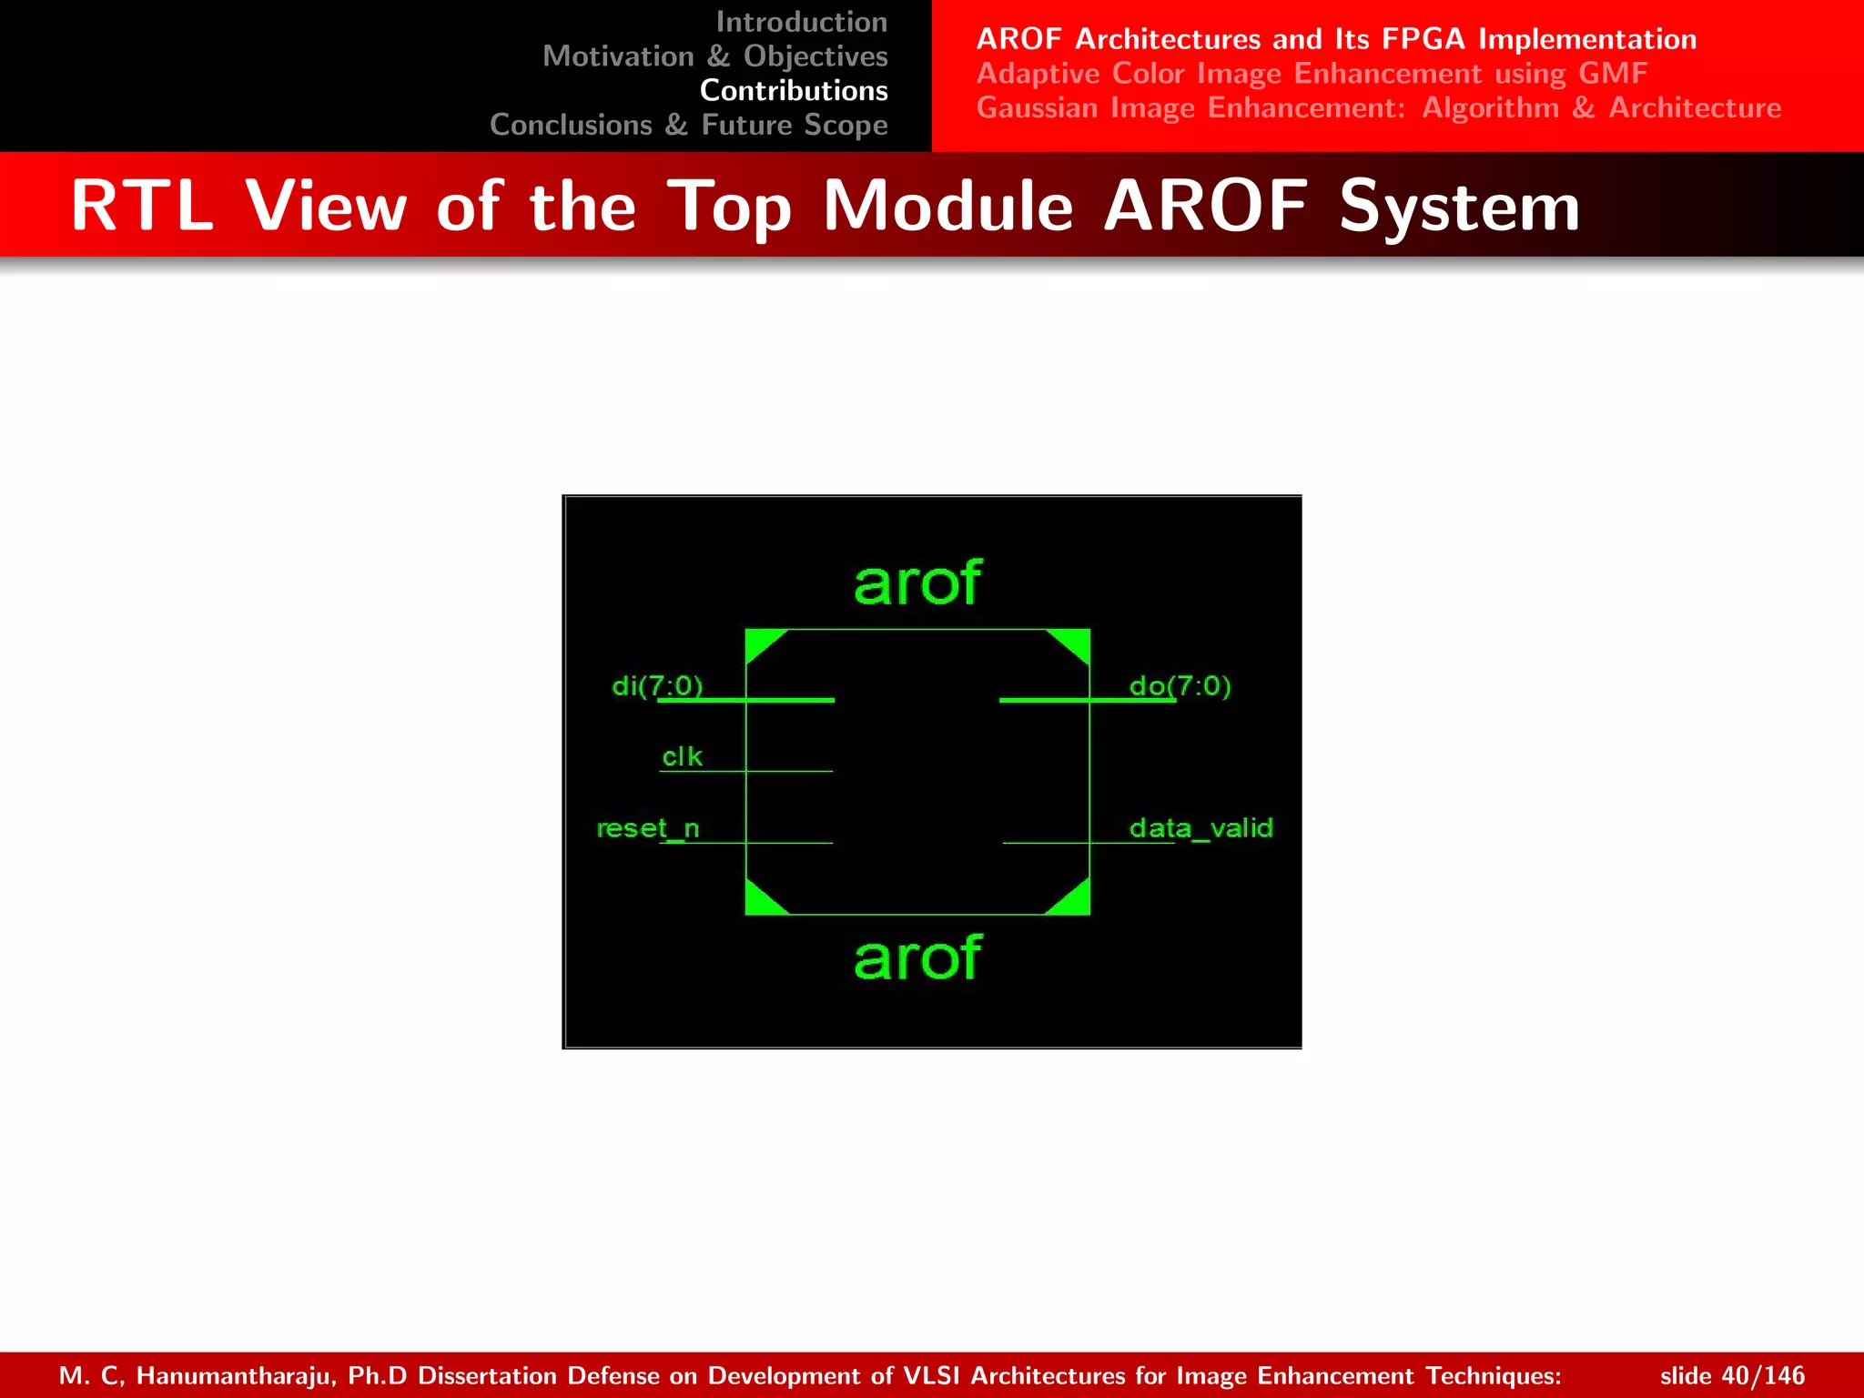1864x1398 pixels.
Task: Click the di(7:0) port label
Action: coord(657,685)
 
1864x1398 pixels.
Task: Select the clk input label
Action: coord(682,756)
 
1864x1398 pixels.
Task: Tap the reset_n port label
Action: coord(648,828)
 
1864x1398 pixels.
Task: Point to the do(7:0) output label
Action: coord(1180,685)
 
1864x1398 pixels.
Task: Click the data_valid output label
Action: coord(1200,828)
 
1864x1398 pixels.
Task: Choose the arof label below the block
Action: coord(917,958)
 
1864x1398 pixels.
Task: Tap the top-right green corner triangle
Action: coord(1075,643)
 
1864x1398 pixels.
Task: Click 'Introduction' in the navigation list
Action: coord(801,22)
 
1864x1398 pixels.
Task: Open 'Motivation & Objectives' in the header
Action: coord(714,56)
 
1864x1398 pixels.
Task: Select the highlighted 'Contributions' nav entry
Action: coord(794,91)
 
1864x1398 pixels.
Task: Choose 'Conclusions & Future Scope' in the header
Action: coord(688,125)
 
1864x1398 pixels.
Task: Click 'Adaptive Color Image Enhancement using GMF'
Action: coord(1312,73)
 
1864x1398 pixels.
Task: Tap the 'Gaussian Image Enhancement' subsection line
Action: coord(1378,107)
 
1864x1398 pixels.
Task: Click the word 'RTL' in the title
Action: coord(141,206)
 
